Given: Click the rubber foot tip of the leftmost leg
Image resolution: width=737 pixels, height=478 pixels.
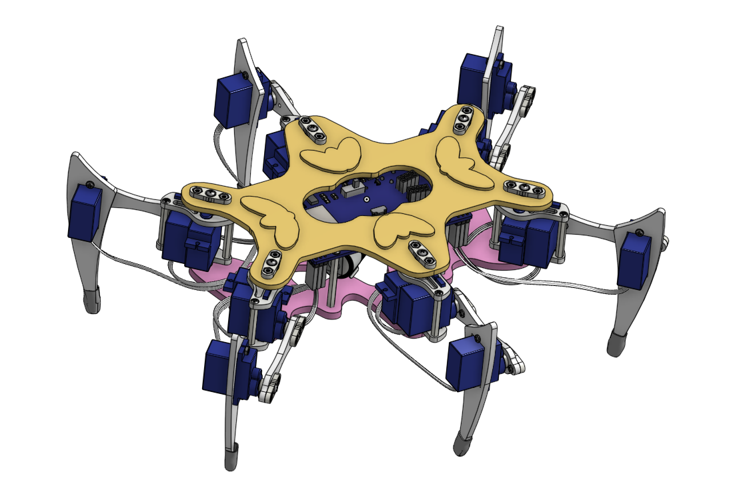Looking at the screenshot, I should click(x=91, y=301).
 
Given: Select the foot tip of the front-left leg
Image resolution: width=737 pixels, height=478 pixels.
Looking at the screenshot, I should click(x=232, y=457).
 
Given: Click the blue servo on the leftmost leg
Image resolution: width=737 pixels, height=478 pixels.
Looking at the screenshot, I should click(x=85, y=212).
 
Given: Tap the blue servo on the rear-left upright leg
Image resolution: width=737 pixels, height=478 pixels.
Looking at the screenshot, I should click(x=231, y=100).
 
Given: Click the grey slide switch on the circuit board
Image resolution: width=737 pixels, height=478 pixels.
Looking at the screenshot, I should click(x=351, y=191).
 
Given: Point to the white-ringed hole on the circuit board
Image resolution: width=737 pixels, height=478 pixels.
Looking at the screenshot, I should click(x=367, y=199).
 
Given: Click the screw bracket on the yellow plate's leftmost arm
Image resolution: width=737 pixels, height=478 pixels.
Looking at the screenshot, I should click(x=209, y=193).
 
